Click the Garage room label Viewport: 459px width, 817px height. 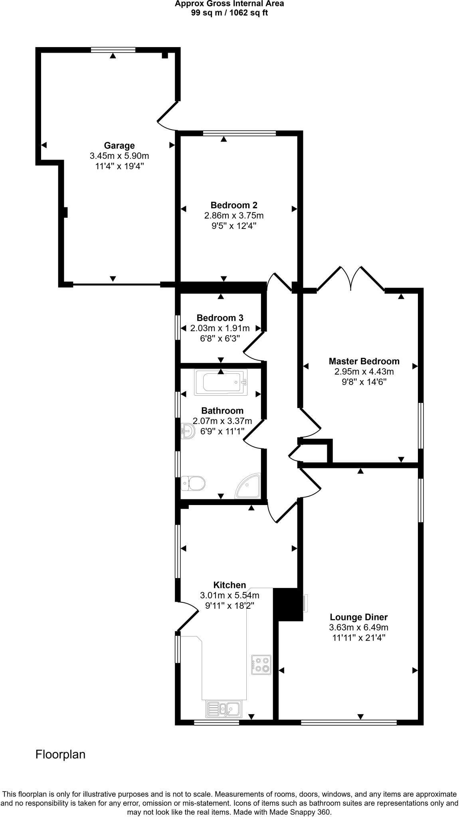119,146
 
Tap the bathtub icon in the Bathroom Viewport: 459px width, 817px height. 221,382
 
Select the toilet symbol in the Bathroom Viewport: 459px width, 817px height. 193,483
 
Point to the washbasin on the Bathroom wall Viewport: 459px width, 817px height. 187,431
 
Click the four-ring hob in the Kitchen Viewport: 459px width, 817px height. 261,665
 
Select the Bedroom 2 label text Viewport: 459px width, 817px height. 234,205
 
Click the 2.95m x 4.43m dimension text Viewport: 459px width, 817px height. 364,371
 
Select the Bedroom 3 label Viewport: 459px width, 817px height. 220,318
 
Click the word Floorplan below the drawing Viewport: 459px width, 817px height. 60,754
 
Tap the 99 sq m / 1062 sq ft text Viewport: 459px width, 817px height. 229,12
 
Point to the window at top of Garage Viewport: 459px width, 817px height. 113,50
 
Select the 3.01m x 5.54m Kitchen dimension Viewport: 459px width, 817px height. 229,595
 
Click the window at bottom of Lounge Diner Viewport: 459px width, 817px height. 349,722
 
